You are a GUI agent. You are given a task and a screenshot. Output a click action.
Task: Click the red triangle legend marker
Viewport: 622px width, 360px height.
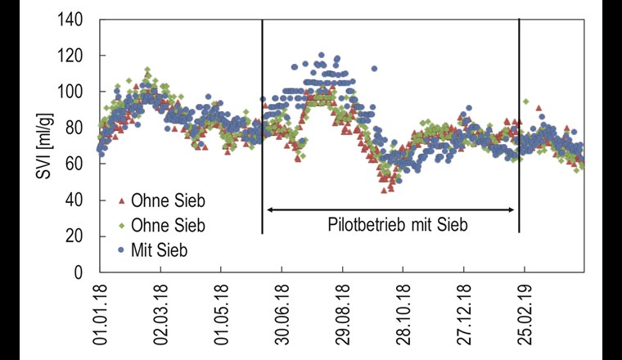click(121, 200)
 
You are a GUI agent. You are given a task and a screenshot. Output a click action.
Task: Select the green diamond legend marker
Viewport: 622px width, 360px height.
click(121, 225)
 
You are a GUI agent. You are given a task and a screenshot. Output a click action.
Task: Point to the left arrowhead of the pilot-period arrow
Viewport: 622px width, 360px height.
click(269, 210)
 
